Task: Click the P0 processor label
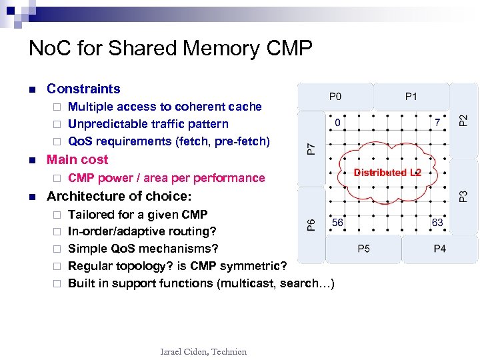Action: [335, 97]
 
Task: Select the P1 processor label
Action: [411, 97]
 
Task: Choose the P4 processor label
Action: [440, 249]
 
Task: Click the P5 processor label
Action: [364, 249]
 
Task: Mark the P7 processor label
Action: [311, 149]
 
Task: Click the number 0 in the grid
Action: [337, 123]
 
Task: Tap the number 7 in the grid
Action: [437, 123]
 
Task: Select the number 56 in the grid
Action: [338, 223]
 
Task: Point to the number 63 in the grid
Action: [438, 223]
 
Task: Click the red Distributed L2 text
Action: [387, 173]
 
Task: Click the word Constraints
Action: [83, 89]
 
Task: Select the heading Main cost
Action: [77, 160]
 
